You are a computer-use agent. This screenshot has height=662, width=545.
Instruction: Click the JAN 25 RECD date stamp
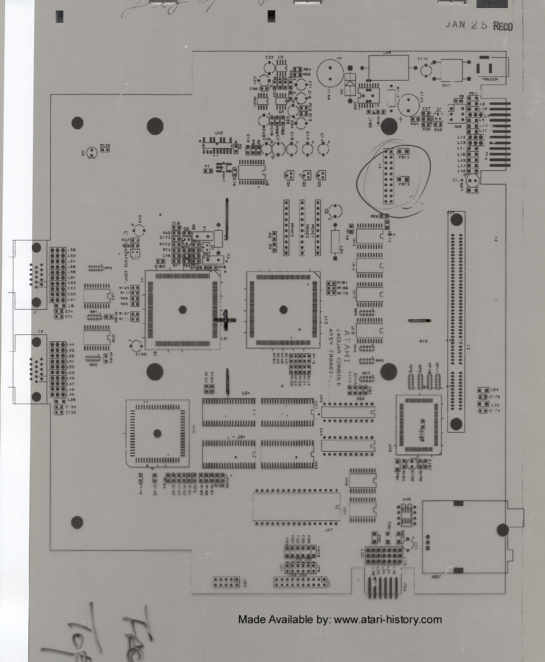pyautogui.click(x=479, y=25)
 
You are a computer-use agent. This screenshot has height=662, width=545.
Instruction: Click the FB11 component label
pyautogui.click(x=403, y=157)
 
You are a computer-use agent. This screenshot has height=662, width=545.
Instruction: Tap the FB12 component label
pyautogui.click(x=404, y=184)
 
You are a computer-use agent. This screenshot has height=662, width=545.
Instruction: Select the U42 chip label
pyautogui.click(x=218, y=133)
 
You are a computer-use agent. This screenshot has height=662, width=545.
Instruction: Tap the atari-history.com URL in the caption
pyautogui.click(x=387, y=619)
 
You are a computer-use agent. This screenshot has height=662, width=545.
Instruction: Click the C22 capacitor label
pyautogui.click(x=269, y=57)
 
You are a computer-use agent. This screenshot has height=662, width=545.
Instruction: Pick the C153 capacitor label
pyautogui.click(x=141, y=354)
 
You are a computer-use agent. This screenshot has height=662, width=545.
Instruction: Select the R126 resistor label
pyautogui.click(x=105, y=145)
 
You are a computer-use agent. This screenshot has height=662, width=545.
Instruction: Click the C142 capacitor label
pyautogui.click(x=422, y=59)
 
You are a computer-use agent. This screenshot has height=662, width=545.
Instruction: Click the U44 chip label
pyautogui.click(x=321, y=429)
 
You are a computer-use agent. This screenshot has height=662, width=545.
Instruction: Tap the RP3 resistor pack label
pyautogui.click(x=108, y=267)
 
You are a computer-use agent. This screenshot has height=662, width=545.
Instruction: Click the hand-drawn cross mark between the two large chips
pyautogui.click(x=225, y=319)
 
